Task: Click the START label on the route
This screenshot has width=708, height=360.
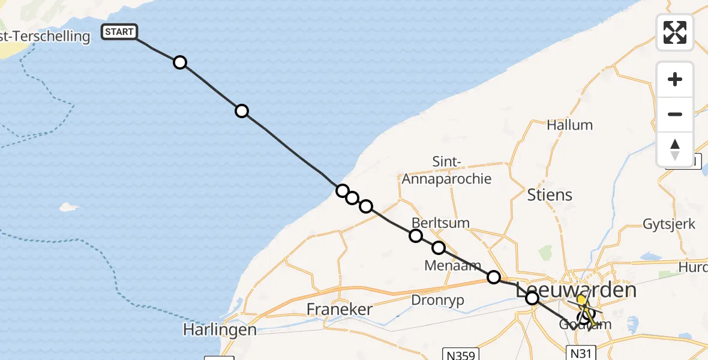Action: [x=119, y=32]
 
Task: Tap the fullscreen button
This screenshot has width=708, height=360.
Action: [x=675, y=32]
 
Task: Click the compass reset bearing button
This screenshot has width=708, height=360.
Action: [x=675, y=149]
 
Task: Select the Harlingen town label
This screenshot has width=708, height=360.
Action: [x=220, y=330]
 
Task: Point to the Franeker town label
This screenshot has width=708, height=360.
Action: [x=340, y=310]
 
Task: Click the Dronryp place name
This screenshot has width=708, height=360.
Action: [x=438, y=300]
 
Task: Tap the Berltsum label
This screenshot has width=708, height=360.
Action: [x=440, y=223]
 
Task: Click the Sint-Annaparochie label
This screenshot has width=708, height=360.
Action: [x=446, y=170]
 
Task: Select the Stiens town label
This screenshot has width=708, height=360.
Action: [x=550, y=195]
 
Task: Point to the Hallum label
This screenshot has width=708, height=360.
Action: [x=569, y=125]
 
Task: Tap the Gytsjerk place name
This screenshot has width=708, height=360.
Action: [x=669, y=224]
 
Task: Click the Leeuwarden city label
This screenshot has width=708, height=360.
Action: [x=576, y=290]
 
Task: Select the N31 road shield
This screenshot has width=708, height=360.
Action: [x=581, y=353]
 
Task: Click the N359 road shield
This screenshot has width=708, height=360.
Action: [x=460, y=355]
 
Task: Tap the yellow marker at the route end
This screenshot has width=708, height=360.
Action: [x=581, y=299]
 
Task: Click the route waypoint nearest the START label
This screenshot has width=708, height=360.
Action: [x=179, y=62]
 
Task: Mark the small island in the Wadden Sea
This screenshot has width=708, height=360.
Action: [x=69, y=207]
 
